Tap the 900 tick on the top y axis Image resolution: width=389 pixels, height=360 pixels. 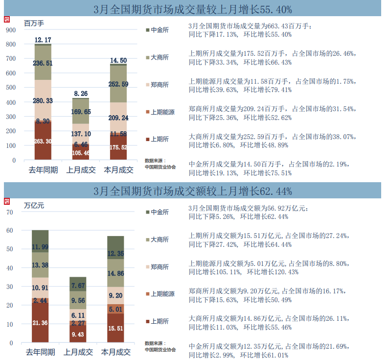click(x=11, y=30)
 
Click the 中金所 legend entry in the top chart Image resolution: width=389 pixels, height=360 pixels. click(x=160, y=30)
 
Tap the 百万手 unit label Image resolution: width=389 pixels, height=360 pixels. click(x=34, y=23)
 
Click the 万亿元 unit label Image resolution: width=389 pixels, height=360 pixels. click(x=34, y=206)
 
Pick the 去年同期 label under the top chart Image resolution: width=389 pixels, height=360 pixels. click(x=43, y=170)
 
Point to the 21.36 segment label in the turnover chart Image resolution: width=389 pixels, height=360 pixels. click(x=40, y=322)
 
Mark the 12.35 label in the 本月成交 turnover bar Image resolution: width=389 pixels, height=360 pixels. click(x=116, y=254)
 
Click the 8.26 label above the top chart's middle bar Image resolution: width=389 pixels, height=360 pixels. click(x=81, y=93)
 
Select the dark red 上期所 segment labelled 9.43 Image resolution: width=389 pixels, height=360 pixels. click(x=77, y=335)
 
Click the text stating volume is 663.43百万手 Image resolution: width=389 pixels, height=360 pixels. click(x=250, y=26)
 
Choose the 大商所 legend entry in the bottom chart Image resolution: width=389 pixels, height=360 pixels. click(x=160, y=240)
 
